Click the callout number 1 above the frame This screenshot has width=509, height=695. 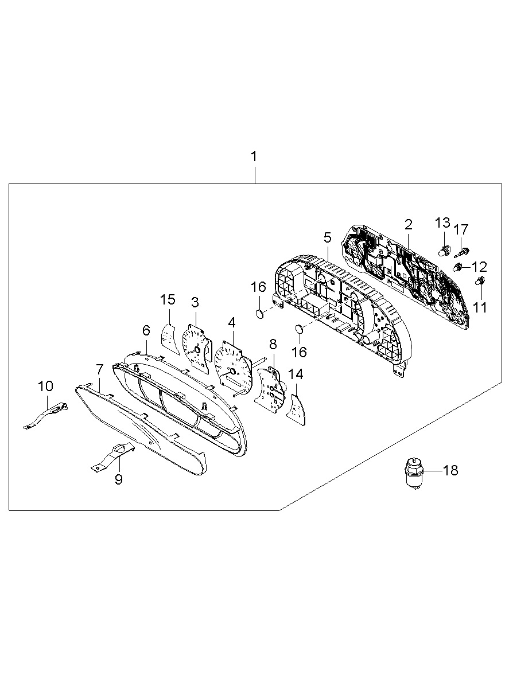[x=254, y=157]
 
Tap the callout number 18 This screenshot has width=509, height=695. [x=450, y=471]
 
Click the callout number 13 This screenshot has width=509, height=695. [x=442, y=222]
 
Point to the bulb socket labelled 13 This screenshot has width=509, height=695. [x=444, y=250]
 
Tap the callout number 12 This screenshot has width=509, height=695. [x=479, y=267]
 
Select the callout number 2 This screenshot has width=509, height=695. [x=409, y=225]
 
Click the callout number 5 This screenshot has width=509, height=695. [x=327, y=237]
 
